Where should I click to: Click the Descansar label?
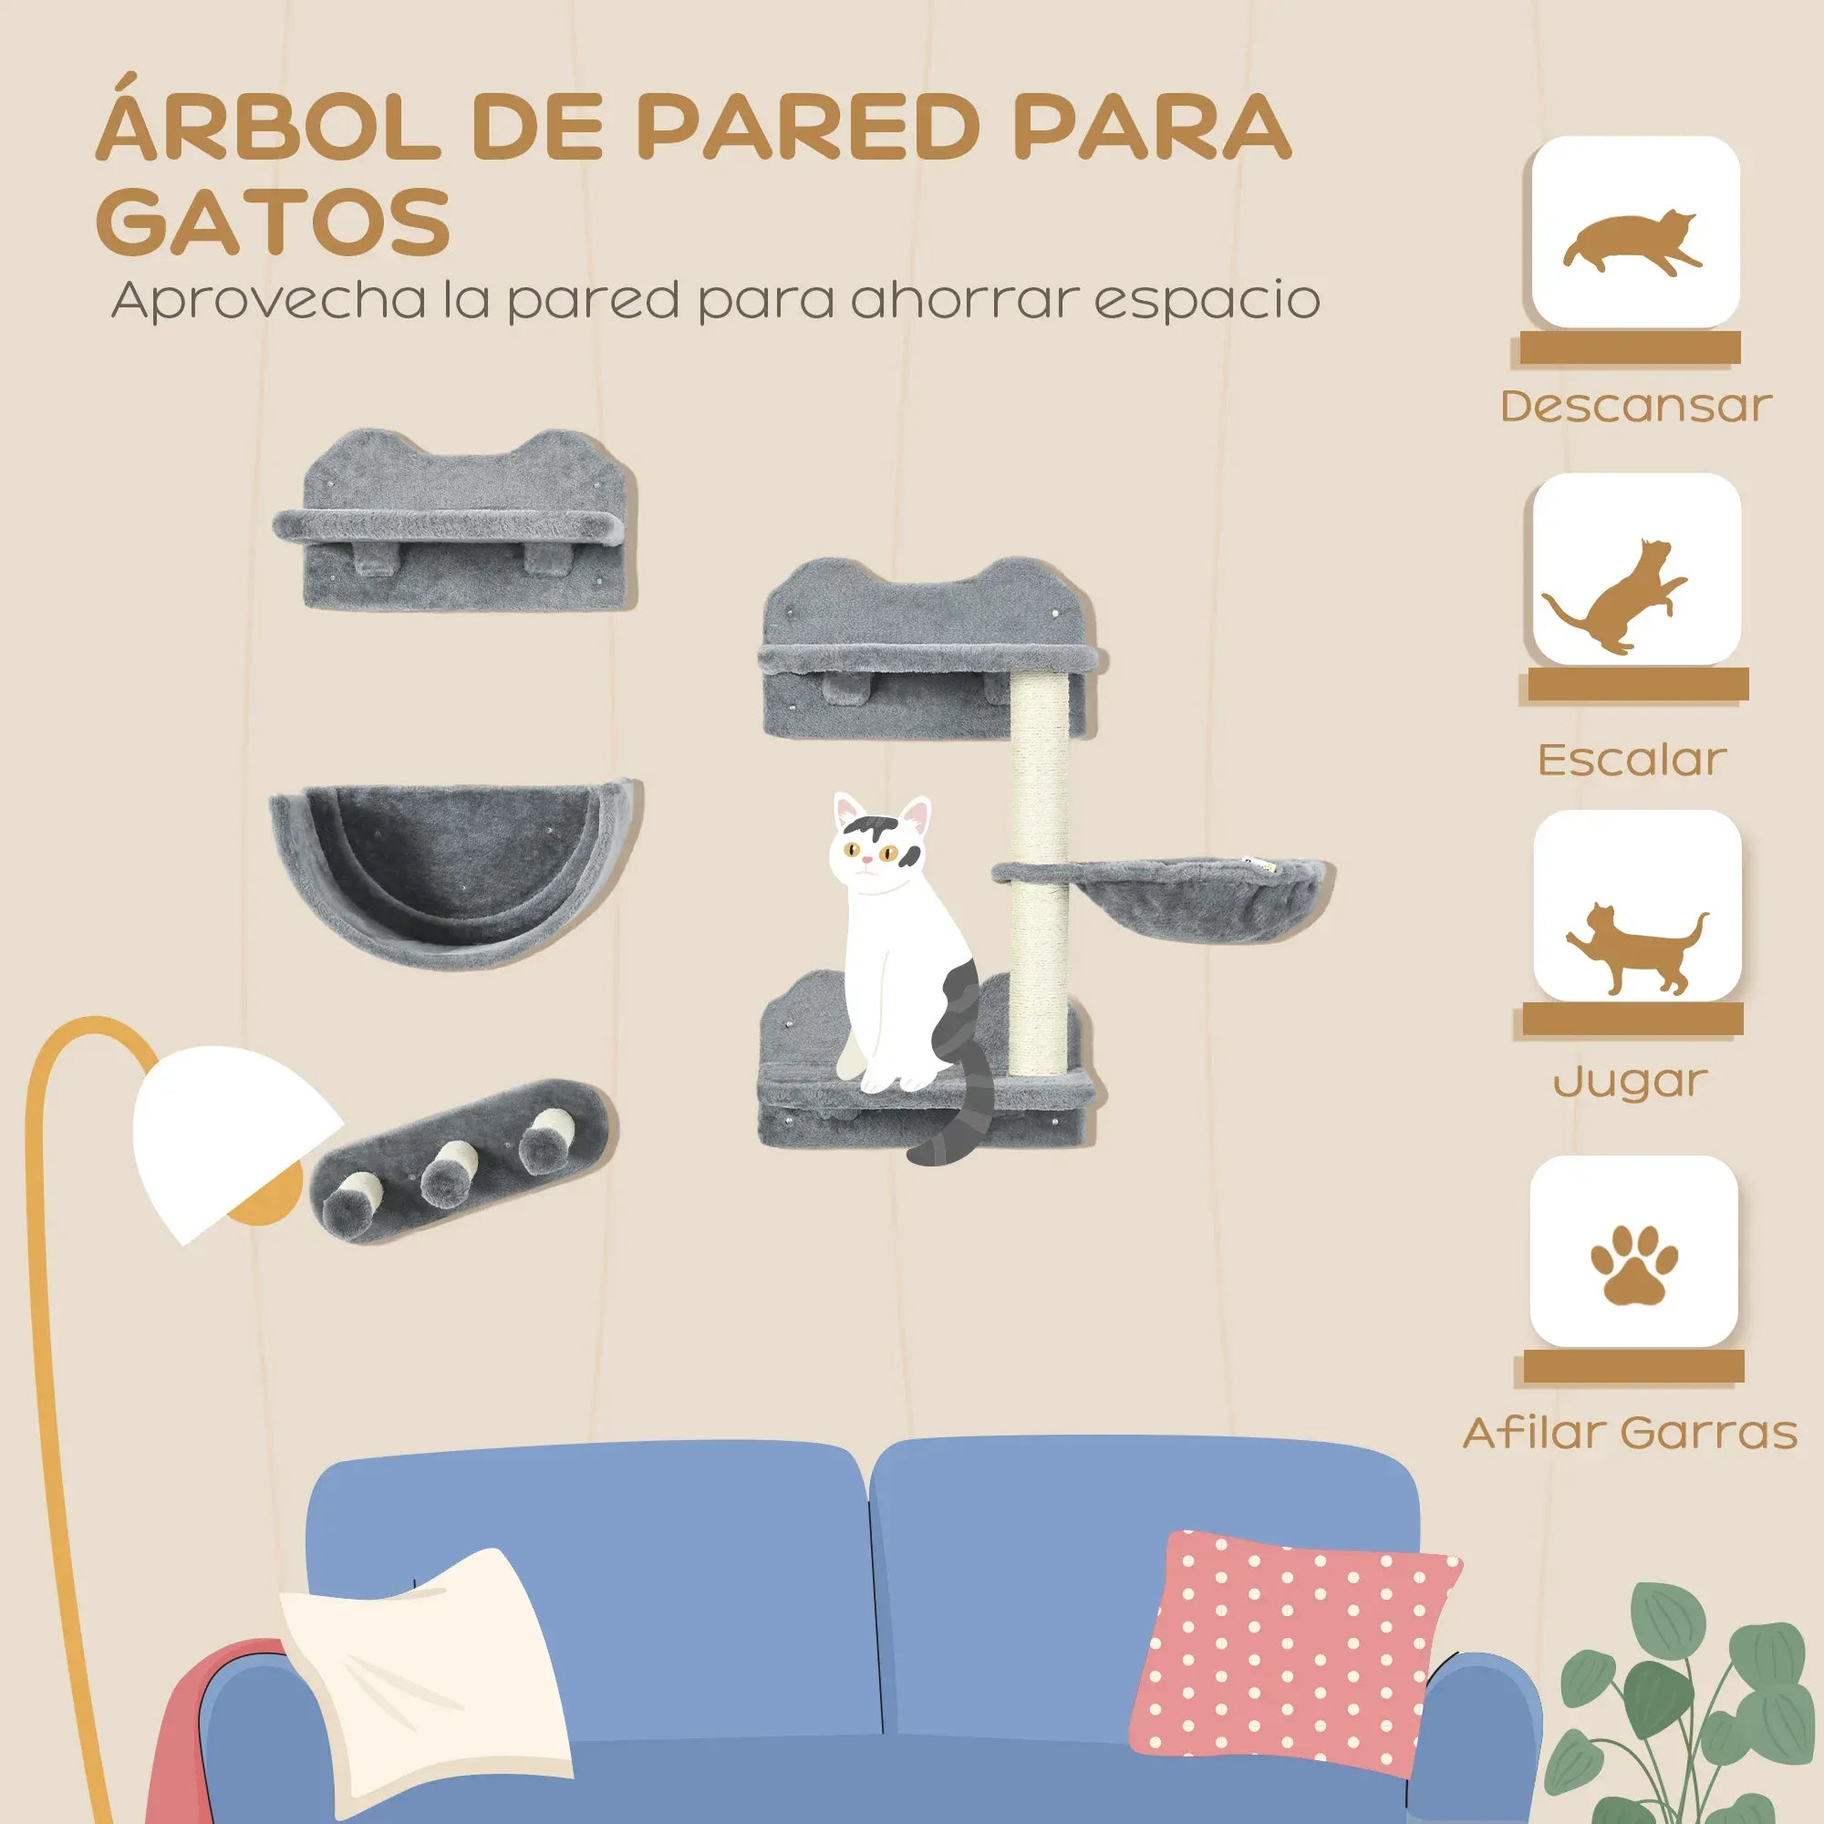1635,407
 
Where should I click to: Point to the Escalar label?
1632,759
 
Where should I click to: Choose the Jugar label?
1631,1081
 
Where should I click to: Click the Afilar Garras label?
1631,1432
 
